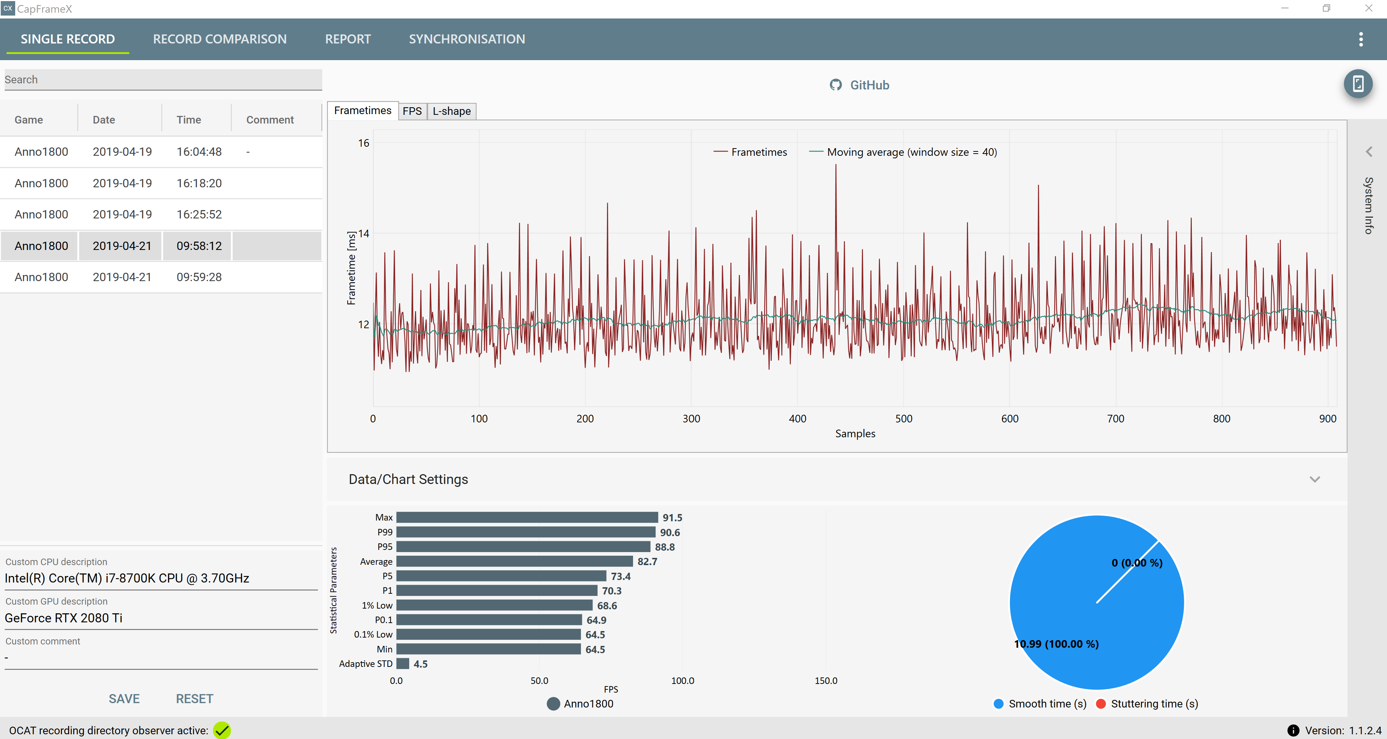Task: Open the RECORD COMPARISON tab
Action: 220,39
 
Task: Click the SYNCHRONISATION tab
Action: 467,39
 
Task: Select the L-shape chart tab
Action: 452,111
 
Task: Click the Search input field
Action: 163,80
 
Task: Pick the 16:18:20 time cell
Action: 199,183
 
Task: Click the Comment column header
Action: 270,120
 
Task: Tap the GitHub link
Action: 859,85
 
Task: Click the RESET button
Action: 194,698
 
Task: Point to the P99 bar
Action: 525,532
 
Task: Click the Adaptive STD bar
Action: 403,664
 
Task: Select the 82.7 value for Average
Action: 647,561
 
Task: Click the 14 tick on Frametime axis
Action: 364,233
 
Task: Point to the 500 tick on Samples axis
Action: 904,418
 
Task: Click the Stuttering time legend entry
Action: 1147,703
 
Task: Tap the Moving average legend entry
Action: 903,152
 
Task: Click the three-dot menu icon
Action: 1361,39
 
